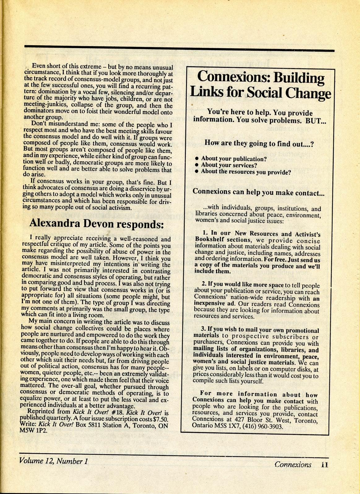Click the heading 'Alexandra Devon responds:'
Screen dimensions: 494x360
pos(96,224)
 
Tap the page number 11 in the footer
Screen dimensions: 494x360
pos(324,465)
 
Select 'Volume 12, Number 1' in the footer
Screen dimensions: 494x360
pos(54,461)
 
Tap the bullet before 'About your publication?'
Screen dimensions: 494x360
pos(197,159)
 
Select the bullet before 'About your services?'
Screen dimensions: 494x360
pos(197,165)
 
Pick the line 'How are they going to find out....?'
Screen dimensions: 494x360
pos(259,143)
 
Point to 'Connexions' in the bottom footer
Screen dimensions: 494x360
pos(293,465)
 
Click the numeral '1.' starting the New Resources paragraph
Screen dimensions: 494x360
pos(205,233)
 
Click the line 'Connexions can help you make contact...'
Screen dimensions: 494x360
pos(258,192)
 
